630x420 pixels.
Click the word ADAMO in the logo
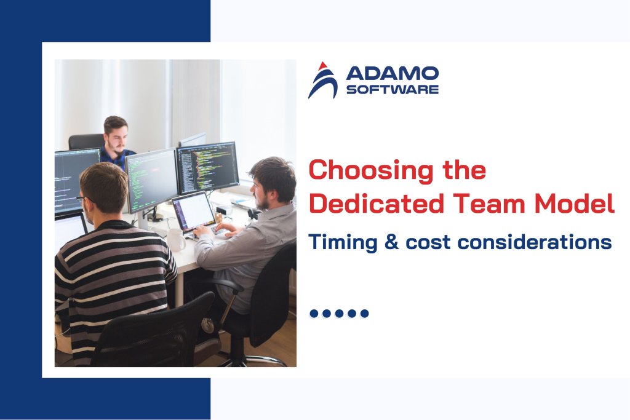(x=393, y=74)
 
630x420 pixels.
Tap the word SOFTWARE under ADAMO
(x=393, y=90)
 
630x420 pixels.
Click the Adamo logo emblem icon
(x=323, y=80)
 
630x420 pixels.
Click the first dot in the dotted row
(x=314, y=314)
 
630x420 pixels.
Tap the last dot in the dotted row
(x=365, y=314)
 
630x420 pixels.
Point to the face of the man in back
(x=117, y=136)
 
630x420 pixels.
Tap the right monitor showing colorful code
(x=207, y=167)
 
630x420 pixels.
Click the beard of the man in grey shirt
(x=261, y=202)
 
